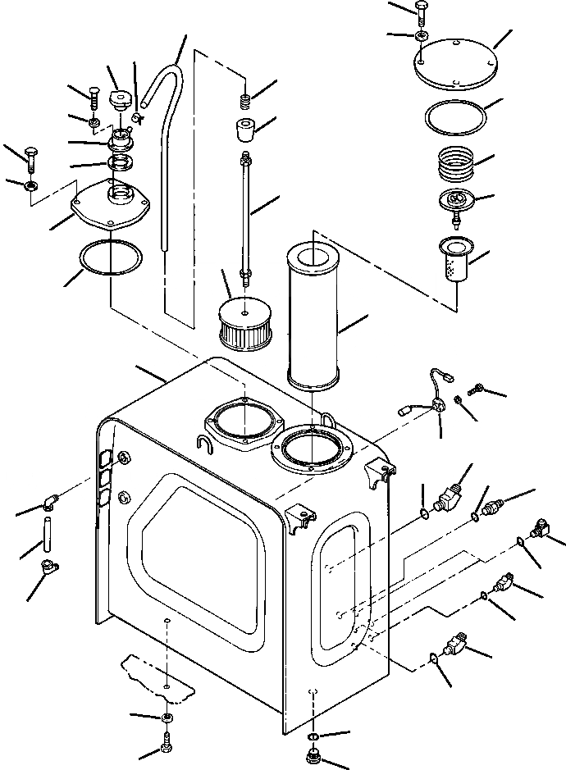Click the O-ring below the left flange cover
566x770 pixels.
[108, 260]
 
